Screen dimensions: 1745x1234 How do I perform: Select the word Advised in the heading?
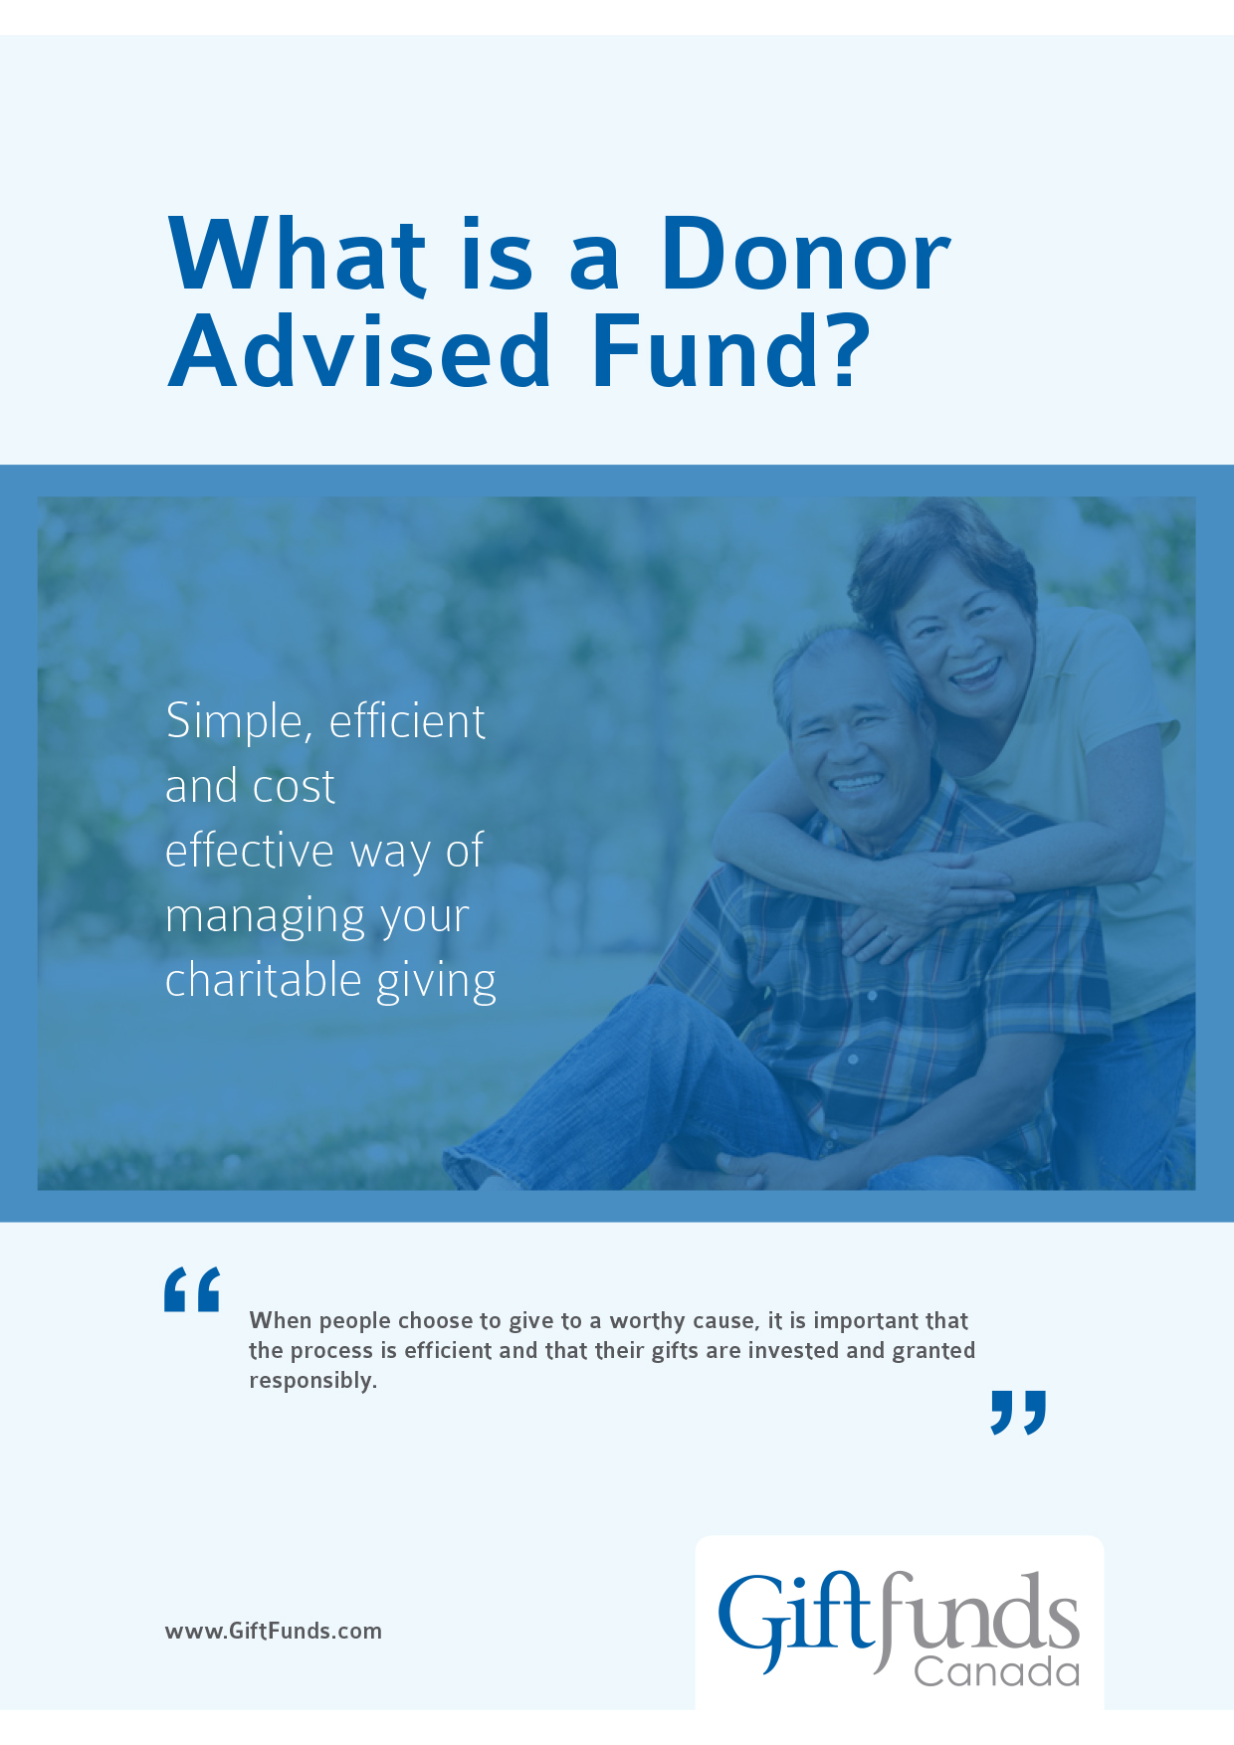[359, 351]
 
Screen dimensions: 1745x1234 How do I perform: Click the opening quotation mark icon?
[192, 1289]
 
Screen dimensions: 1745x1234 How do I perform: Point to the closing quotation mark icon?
[1018, 1412]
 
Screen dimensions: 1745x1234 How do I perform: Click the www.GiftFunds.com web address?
[274, 1631]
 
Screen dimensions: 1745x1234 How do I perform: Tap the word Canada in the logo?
[996, 1671]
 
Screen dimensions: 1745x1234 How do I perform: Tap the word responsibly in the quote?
[312, 1381]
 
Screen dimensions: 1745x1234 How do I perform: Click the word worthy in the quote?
[648, 1321]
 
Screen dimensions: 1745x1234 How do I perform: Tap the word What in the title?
[297, 256]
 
